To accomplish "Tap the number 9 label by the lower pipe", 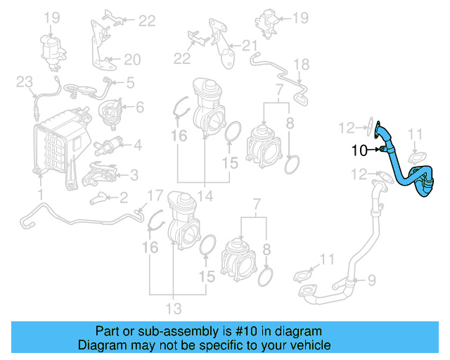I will pos(372,280).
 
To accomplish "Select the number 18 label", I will pos(301,65).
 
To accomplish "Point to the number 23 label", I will pos(25,82).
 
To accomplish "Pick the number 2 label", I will pos(123,197).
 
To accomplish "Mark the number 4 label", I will pos(137,146).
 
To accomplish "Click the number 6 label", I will pos(139,107).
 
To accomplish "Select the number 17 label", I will pos(154,195).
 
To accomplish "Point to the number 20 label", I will pos(133,59).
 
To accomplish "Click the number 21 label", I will pos(250,46).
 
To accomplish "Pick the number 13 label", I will pos(173,308).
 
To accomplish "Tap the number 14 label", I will pos(203,195).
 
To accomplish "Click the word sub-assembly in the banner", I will pos(165,331).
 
